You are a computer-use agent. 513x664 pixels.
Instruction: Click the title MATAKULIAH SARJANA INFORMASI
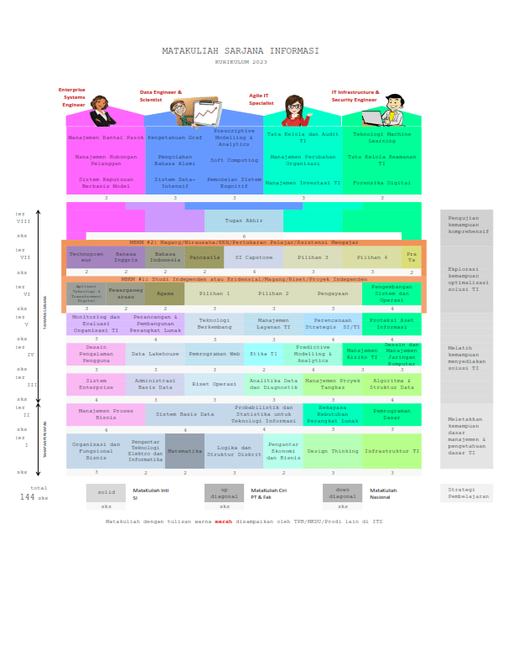tap(241, 50)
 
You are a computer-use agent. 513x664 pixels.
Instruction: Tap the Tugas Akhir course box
tap(244, 221)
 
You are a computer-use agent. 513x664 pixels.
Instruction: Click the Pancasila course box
tap(205, 257)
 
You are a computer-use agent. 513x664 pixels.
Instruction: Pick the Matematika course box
tap(184, 451)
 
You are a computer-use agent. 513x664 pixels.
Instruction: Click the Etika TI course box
tap(263, 355)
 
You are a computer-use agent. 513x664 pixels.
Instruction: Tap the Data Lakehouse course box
tap(155, 355)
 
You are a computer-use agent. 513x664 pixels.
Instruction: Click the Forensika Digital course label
tap(381, 182)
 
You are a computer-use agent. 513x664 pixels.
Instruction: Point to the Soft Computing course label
tap(234, 160)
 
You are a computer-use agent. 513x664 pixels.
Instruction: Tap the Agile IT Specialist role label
tap(261, 99)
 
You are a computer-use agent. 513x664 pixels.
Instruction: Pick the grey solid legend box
tap(106, 493)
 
